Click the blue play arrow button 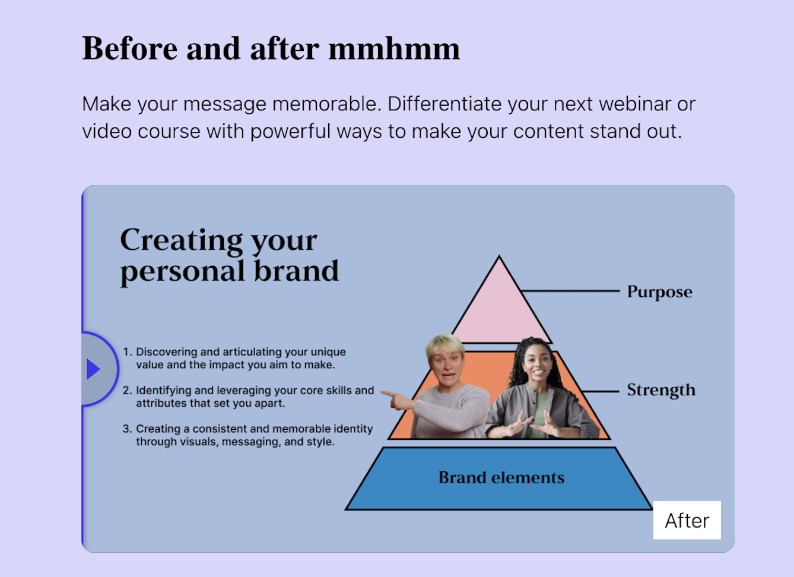(93, 369)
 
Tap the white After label (687, 520)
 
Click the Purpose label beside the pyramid (659, 291)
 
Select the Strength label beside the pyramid (661, 390)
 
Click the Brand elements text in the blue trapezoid (501, 477)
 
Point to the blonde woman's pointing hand (396, 400)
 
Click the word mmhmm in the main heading (394, 49)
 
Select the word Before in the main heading (129, 49)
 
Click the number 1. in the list (128, 352)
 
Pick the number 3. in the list (127, 429)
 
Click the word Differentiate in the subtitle (444, 104)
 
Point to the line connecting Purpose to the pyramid (570, 291)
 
